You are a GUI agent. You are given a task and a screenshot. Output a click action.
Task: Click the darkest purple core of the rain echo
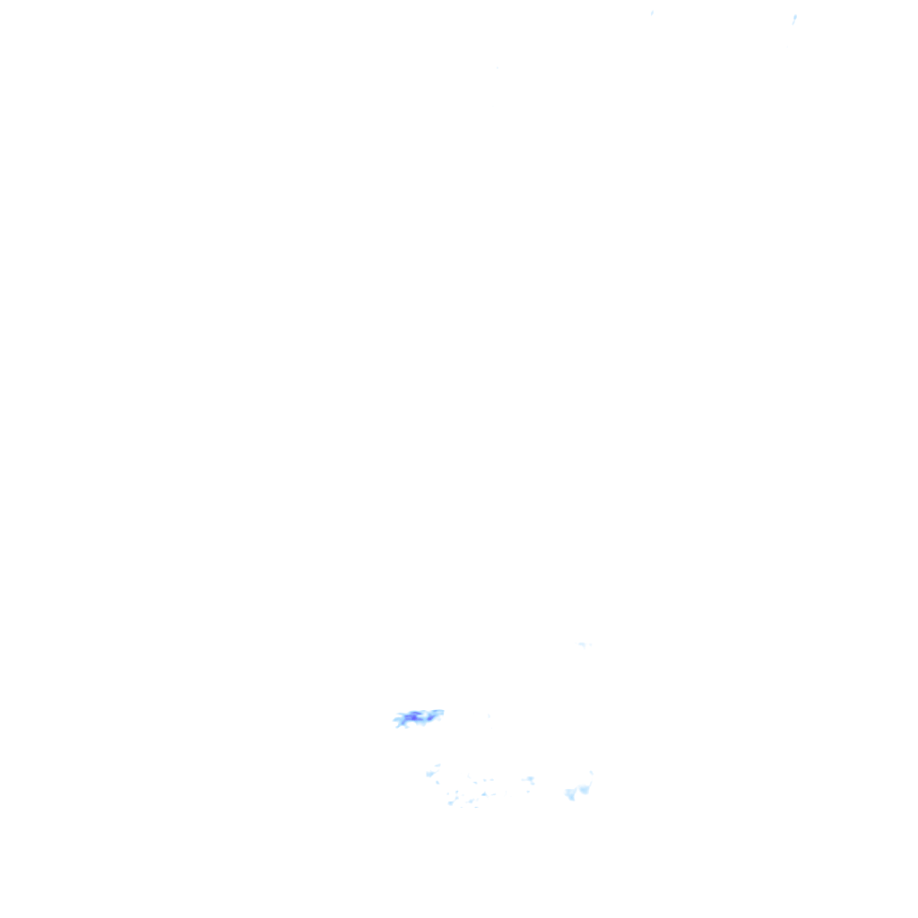click(x=413, y=716)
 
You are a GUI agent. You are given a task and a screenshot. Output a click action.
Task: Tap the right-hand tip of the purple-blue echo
click(x=441, y=713)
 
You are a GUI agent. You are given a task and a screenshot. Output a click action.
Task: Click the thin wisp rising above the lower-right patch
click(x=591, y=774)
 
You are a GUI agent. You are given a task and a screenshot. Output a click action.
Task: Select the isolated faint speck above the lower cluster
click(x=583, y=644)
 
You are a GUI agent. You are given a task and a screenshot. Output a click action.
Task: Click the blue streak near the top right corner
click(x=794, y=18)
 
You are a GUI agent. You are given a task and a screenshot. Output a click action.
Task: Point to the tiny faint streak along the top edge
click(x=652, y=13)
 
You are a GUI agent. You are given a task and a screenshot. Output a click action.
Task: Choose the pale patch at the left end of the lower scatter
click(x=430, y=773)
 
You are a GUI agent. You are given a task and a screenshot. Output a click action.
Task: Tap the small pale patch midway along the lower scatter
click(x=529, y=780)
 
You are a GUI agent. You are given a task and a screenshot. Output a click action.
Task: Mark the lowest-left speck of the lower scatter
click(x=451, y=802)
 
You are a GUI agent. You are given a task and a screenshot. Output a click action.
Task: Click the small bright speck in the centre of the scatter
click(x=484, y=793)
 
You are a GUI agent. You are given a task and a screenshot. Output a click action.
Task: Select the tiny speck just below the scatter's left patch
click(x=437, y=783)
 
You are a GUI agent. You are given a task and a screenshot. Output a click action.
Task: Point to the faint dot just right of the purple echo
click(x=489, y=715)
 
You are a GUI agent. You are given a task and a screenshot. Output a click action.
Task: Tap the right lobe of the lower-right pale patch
click(x=585, y=789)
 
